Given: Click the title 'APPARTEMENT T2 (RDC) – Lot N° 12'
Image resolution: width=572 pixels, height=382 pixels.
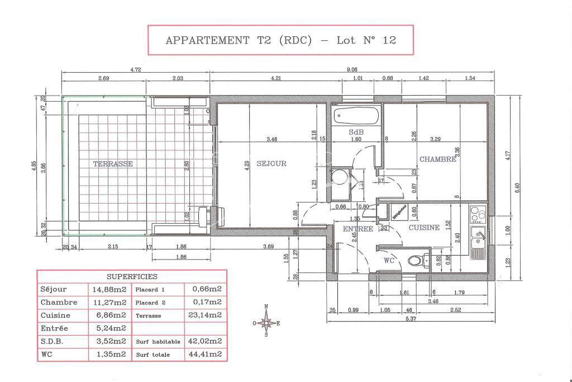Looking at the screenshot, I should pyautogui.click(x=280, y=40).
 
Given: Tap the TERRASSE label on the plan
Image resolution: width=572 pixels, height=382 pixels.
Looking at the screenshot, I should pyautogui.click(x=113, y=164).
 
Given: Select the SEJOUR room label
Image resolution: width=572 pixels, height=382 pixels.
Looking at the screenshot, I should pyautogui.click(x=271, y=164).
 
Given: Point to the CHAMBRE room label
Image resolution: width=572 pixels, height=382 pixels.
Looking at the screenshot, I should pyautogui.click(x=438, y=159).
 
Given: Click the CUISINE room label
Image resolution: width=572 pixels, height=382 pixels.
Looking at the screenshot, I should pyautogui.click(x=424, y=228).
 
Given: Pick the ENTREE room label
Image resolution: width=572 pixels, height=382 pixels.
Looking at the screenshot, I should pyautogui.click(x=357, y=229).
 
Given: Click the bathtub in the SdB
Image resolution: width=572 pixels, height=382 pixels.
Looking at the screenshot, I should pyautogui.click(x=356, y=117).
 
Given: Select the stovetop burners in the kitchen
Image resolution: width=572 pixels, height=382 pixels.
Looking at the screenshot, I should pyautogui.click(x=478, y=214).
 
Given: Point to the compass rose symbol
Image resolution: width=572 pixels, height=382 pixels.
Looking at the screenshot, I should pyautogui.click(x=267, y=322).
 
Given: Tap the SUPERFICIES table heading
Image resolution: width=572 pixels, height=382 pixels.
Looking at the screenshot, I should pyautogui.click(x=132, y=276).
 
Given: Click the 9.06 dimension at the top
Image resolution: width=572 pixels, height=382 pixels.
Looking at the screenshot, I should pyautogui.click(x=352, y=70).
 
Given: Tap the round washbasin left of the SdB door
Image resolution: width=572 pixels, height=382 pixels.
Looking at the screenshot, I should pyautogui.click(x=339, y=178).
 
